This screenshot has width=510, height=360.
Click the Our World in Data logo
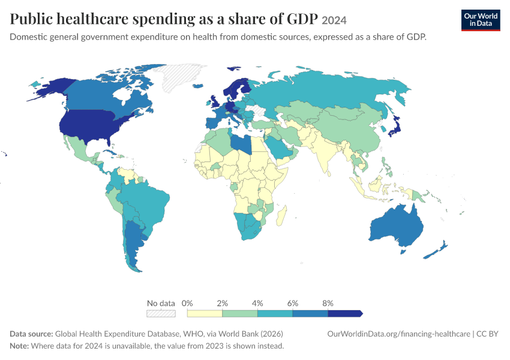point(481,20)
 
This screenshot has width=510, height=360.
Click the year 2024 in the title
point(334,20)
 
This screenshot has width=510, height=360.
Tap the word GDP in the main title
point(302,19)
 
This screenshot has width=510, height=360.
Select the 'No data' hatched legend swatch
point(161,313)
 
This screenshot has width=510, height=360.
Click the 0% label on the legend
point(187,304)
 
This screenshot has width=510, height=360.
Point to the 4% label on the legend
point(257,304)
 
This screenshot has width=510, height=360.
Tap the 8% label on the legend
point(328,304)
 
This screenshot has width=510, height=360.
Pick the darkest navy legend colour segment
point(345,313)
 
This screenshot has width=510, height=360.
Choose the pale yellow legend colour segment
point(205,313)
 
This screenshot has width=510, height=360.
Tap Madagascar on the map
point(281,216)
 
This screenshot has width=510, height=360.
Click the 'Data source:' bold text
point(31,334)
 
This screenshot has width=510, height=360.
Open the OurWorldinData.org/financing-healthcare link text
point(399,334)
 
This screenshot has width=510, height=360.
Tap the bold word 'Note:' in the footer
point(19,346)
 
